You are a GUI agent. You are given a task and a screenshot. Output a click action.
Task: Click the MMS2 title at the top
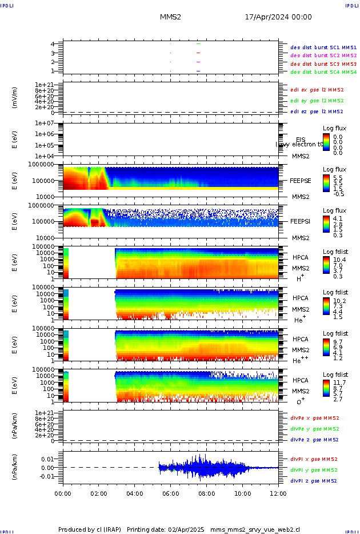tap(170, 17)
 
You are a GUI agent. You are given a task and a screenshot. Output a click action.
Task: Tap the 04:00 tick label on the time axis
tap(134, 493)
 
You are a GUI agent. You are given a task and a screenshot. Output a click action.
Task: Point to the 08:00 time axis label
tap(206, 493)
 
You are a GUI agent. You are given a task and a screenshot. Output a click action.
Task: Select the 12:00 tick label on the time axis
tap(278, 493)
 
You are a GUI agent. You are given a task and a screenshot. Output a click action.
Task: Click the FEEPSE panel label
tap(301, 180)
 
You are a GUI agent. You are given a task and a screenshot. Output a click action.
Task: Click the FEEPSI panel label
tap(301, 221)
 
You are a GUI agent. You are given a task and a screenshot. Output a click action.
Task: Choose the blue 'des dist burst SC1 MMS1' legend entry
tap(323, 47)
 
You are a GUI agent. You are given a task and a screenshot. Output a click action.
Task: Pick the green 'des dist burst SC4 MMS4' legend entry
tap(323, 72)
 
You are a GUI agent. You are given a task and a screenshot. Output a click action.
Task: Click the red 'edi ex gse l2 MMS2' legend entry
tap(317, 90)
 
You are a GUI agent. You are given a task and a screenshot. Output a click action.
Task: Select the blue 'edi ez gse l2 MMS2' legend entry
tap(317, 111)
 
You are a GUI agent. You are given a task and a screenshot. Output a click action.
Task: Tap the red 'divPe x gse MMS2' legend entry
tap(314, 418)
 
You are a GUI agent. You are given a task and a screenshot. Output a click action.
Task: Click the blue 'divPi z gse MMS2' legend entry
tap(314, 481)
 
